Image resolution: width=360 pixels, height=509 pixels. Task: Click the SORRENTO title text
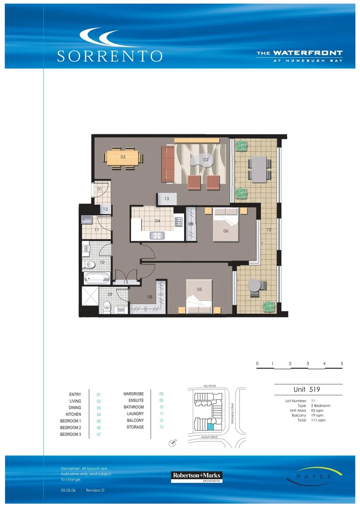109,56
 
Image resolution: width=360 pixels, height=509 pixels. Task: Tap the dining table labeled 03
123,157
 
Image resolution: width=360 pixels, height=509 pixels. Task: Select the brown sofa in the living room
167,164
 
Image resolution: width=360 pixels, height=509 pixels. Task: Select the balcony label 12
268,230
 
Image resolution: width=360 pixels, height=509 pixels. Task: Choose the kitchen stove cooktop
179,221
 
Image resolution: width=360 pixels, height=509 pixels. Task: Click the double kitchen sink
156,235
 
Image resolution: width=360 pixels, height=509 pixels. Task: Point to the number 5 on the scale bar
342,363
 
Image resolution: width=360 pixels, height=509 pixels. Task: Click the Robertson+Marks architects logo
196,476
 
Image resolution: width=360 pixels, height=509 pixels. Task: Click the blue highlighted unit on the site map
210,427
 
